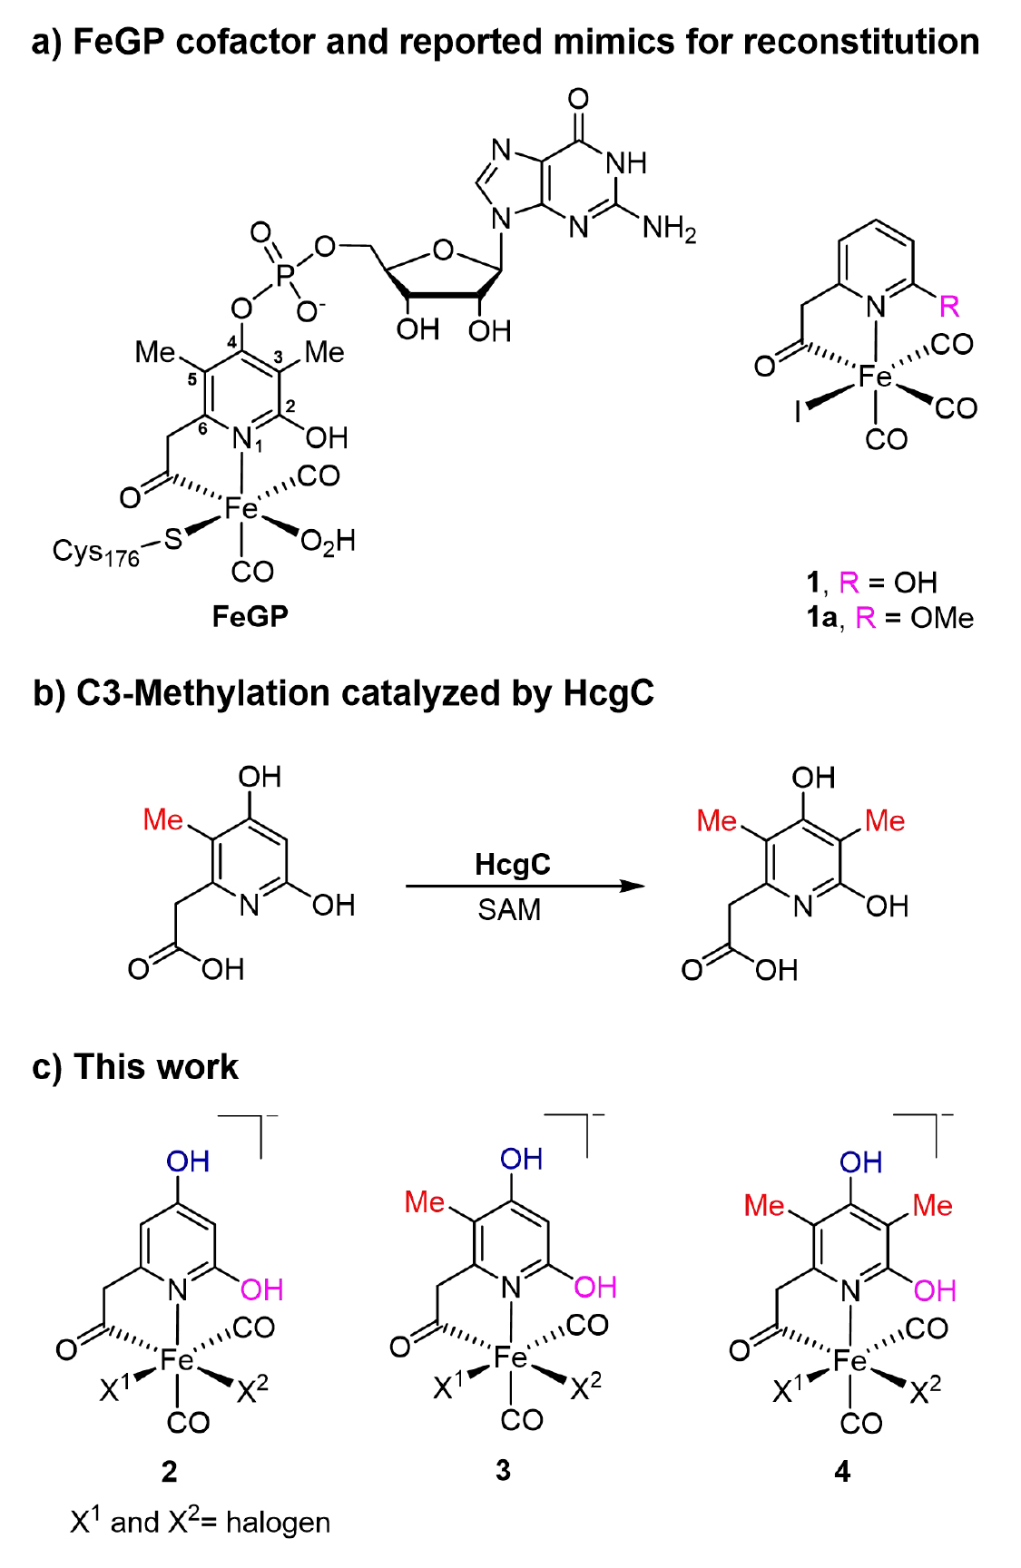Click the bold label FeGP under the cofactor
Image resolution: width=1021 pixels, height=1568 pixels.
click(250, 617)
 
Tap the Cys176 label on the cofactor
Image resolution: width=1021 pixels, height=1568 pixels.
click(95, 552)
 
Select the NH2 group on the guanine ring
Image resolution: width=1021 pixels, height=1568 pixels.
click(670, 228)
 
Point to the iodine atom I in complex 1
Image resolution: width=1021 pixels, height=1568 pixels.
click(798, 413)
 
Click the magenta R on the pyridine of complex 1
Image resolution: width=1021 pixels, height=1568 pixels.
click(949, 307)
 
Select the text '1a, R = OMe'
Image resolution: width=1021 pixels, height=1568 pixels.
click(889, 619)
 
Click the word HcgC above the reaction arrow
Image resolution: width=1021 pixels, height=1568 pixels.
click(512, 864)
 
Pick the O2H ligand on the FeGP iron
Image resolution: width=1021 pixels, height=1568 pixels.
click(328, 543)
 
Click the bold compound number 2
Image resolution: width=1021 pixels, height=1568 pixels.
click(170, 1472)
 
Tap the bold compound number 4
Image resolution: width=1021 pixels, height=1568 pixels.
click(843, 1472)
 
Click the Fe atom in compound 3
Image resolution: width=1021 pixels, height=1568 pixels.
click(511, 1357)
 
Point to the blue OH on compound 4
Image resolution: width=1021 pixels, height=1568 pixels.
click(860, 1162)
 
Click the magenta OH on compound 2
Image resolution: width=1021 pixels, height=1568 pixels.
click(262, 1289)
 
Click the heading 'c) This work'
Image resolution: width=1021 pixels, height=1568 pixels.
click(135, 1067)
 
